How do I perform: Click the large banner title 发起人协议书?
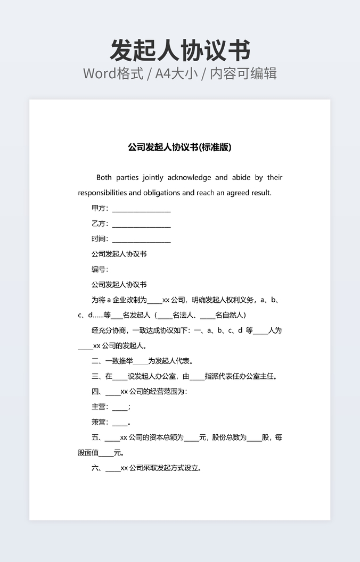pos(179,51)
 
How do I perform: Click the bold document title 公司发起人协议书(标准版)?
pos(179,147)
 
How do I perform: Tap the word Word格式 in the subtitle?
pos(113,73)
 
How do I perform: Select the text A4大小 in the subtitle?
pos(176,73)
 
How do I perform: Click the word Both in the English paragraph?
pos(104,177)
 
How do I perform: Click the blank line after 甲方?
pos(141,209)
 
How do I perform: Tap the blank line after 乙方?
pos(141,224)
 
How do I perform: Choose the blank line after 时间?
pos(141,239)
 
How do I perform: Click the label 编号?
pos(100,269)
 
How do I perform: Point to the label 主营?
pos(100,407)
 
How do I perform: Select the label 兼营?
pos(100,423)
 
